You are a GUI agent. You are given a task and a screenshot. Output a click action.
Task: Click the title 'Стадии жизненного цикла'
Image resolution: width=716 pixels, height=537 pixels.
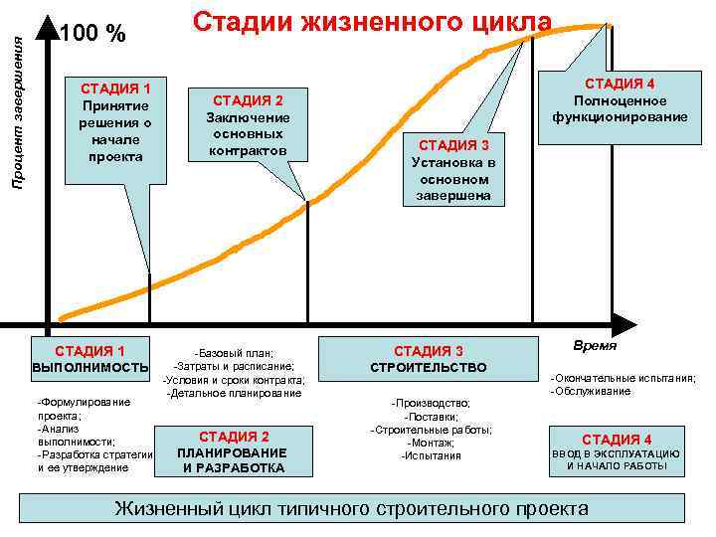coord(371,22)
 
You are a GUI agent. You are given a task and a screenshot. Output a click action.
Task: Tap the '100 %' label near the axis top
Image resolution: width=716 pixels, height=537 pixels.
coord(92,34)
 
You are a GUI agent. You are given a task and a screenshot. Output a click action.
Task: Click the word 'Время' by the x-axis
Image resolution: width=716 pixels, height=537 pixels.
coord(595,346)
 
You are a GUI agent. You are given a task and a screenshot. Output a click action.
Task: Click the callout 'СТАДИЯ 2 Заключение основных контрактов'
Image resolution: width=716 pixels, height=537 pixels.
coord(247,125)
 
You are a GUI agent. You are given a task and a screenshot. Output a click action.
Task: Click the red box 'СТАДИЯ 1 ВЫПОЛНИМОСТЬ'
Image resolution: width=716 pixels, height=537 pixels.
coord(89,359)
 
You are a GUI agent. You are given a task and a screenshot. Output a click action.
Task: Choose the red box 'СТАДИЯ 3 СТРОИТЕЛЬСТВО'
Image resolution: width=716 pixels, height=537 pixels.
coord(429,359)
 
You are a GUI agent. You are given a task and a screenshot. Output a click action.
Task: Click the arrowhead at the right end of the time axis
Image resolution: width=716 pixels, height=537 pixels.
coord(624,324)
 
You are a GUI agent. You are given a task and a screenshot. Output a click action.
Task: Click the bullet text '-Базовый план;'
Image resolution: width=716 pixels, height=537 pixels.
coord(234,353)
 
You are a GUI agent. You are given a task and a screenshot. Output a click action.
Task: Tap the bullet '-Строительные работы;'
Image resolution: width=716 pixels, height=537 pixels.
coord(431,430)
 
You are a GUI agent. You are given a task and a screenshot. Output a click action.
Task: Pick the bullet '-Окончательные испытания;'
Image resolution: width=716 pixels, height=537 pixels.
coord(623,378)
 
